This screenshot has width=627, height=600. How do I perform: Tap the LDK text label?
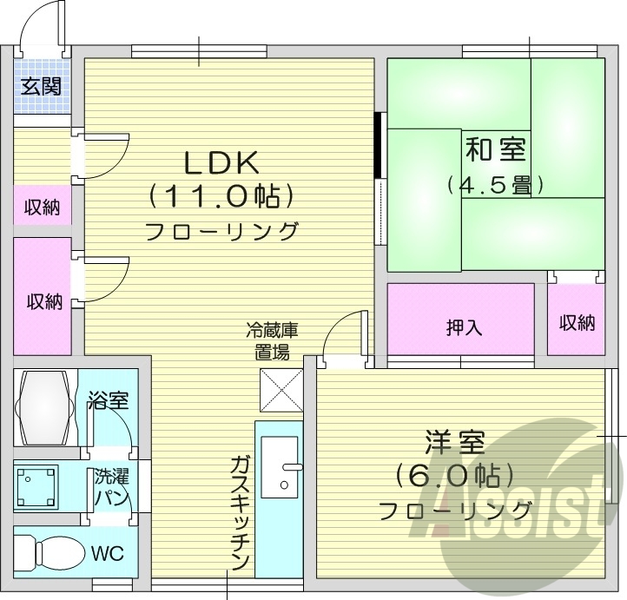pos(221,163)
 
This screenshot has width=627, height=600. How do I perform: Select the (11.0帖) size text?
pos(221,197)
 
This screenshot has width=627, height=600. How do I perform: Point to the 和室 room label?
pos(496,149)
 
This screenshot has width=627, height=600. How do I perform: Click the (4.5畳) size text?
pos(496,185)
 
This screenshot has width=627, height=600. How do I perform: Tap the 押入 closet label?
pos(464,327)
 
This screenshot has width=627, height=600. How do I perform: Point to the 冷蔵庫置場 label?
pos(272,341)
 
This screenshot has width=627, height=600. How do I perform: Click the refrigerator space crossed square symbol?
pos(280,390)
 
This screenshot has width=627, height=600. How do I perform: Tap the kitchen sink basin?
pos(280,466)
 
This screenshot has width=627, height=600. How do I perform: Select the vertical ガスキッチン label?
pos(241,512)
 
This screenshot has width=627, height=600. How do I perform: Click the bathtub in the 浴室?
pos(45,405)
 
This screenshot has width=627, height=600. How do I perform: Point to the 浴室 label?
pos(109,401)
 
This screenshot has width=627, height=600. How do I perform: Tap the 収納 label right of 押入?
pos(577,323)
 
